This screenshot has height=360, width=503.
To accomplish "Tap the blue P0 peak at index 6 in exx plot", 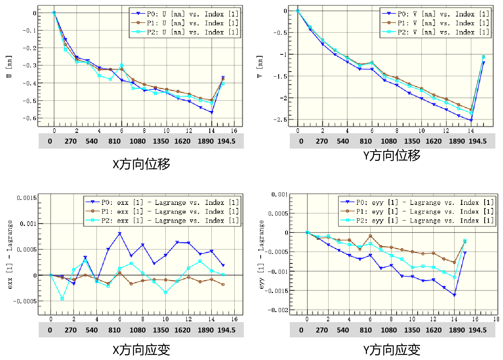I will (x=120, y=234).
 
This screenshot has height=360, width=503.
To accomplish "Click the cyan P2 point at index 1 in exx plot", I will (x=62, y=298).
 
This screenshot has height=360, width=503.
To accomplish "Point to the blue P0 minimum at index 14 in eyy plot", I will (x=454, y=295).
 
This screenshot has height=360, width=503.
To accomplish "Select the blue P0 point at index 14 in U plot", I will (x=212, y=112).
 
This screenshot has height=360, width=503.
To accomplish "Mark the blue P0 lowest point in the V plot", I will (x=471, y=120).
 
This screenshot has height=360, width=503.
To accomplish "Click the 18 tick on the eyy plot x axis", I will (x=496, y=319).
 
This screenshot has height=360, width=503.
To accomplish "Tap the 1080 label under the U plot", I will (x=138, y=141).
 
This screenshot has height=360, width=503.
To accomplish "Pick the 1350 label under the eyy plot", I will (x=412, y=330).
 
